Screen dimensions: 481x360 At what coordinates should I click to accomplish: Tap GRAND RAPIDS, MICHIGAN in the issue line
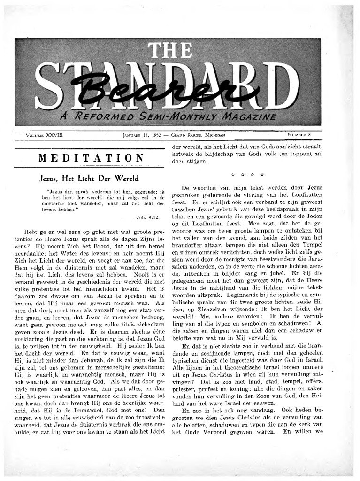[199, 135]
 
